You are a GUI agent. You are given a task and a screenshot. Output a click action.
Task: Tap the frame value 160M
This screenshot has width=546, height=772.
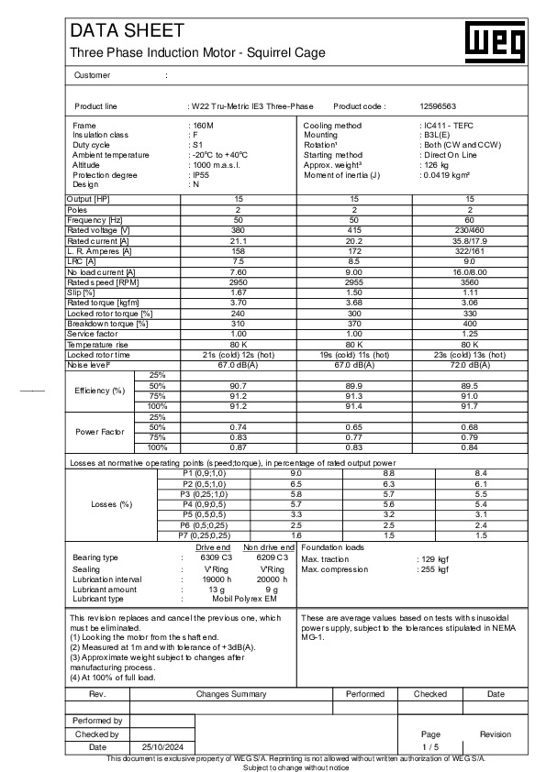[x=201, y=124]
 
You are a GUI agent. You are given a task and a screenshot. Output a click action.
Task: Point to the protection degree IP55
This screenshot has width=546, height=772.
[x=199, y=174]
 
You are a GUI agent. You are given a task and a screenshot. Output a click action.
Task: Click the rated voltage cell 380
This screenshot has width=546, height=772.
[x=240, y=230]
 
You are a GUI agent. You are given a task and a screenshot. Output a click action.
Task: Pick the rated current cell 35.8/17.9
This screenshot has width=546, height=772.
[x=470, y=240]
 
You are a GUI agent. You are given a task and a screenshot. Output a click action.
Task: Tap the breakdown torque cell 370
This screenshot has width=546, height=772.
[x=355, y=324]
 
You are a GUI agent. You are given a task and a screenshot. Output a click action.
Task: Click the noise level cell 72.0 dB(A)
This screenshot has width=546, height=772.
[x=470, y=364]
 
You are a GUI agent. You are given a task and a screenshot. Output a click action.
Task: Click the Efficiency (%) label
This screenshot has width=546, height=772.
[x=99, y=391]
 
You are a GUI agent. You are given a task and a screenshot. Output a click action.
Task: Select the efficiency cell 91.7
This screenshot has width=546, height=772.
[x=470, y=405]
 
